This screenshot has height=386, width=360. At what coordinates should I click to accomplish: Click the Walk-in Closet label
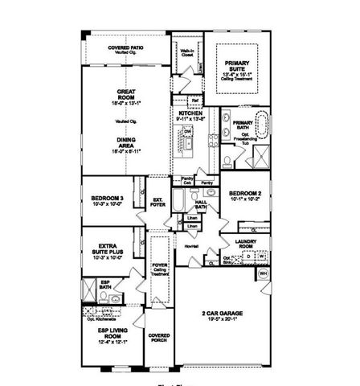coord(187,55)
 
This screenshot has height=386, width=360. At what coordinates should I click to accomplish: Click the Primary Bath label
coord(243,125)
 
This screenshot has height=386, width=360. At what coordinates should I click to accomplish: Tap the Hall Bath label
coord(200,207)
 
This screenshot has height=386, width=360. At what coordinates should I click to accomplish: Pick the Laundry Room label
coord(245,243)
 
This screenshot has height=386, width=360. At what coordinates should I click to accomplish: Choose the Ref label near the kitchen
coord(195,101)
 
